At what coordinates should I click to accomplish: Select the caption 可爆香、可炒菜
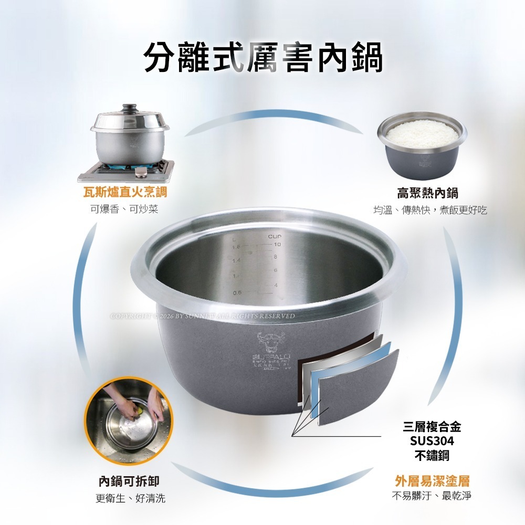pos(124,209)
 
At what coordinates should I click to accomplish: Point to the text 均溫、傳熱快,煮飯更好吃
pos(429,210)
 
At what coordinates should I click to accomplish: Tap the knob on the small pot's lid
pos(129,108)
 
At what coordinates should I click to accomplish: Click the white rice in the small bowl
pos(423,133)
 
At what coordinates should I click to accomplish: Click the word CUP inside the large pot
pos(275,237)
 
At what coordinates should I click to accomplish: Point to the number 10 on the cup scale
pos(277,245)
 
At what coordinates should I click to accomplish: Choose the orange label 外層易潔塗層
pos(432,481)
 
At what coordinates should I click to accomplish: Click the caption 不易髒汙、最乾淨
pos(432,496)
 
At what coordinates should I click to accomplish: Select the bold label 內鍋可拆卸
pos(129,481)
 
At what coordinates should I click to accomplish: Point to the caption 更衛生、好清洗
pos(129,498)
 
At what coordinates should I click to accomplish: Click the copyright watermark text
pos(202,316)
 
